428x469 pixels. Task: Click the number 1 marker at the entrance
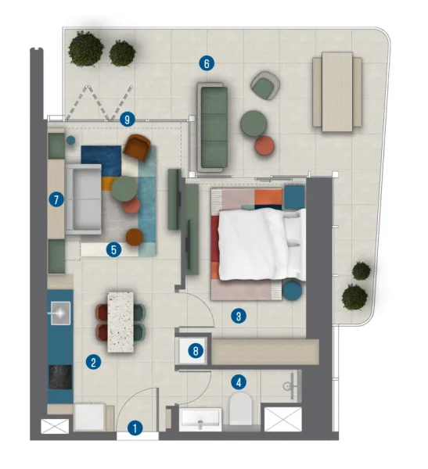click(135, 428)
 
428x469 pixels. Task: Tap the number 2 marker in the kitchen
click(93, 362)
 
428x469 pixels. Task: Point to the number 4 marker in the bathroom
click(239, 381)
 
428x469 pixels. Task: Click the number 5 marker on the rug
click(114, 250)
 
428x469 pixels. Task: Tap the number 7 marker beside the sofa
click(56, 200)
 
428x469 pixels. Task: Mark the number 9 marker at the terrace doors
click(128, 120)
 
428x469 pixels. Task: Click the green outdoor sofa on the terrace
click(212, 128)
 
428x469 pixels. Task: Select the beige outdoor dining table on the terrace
click(337, 88)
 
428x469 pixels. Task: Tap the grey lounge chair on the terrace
click(266, 85)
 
